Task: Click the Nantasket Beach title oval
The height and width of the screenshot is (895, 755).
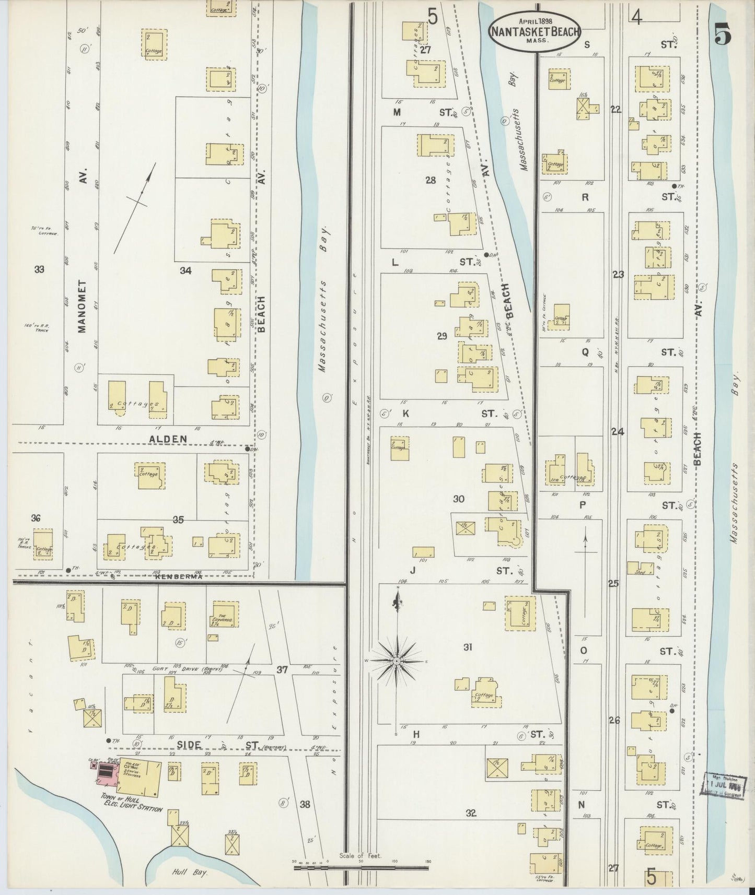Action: tap(533, 31)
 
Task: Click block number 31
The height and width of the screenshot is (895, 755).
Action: tap(468, 647)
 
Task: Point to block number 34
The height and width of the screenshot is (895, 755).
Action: tap(185, 270)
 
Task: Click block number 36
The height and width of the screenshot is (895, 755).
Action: tap(36, 518)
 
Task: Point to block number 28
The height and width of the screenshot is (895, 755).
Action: tap(430, 180)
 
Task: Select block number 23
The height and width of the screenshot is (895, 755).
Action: tap(618, 274)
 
